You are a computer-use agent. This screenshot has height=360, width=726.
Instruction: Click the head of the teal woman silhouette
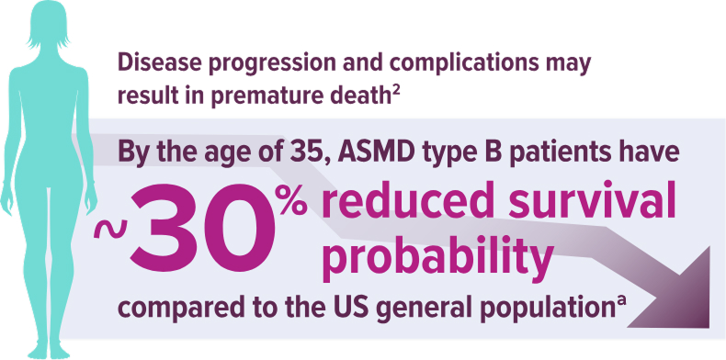tap(47, 26)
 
